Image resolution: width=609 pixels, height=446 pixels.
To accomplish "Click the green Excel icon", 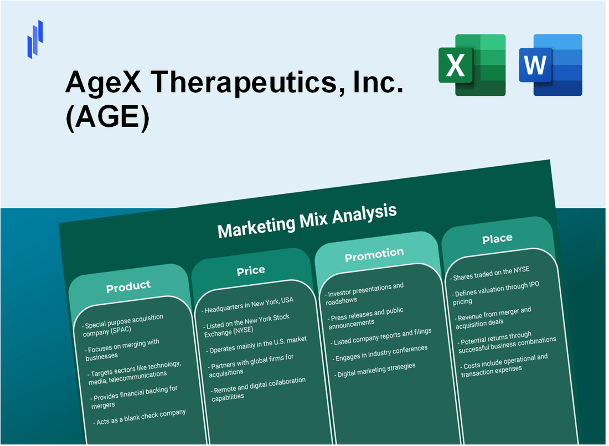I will [x=472, y=65].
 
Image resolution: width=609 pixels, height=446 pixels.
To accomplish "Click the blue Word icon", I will [x=550, y=65].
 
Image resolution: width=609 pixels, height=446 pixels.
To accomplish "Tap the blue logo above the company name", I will [x=35, y=39].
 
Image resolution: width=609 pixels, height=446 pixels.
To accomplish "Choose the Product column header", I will [x=128, y=286].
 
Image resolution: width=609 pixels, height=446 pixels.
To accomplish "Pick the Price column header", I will [x=251, y=270].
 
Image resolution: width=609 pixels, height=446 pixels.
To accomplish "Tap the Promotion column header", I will [x=374, y=255].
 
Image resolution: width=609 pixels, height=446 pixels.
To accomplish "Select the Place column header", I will [x=497, y=239].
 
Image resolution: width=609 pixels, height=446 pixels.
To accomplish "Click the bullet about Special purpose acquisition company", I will [x=123, y=325].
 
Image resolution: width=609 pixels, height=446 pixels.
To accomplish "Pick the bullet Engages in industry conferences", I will [x=378, y=352].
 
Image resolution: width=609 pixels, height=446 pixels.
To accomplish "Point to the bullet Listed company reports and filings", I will [x=379, y=335].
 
